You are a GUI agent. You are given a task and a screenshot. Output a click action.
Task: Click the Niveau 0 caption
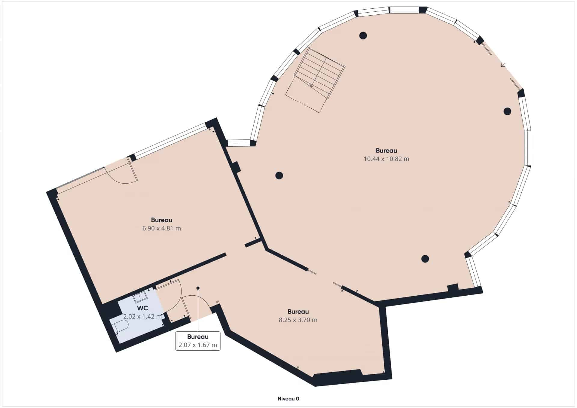click(x=288, y=399)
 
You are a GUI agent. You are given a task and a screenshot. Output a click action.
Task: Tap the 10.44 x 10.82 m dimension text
click(x=386, y=159)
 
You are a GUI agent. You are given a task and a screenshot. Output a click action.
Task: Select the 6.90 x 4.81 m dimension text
click(x=162, y=228)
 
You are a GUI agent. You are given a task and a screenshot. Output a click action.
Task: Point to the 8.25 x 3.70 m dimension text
click(x=298, y=320)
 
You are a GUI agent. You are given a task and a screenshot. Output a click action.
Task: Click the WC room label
click(x=142, y=308)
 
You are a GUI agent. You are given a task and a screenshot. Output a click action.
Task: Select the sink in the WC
click(x=140, y=297)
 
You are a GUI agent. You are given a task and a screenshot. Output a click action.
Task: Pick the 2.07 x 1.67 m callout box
click(x=198, y=341)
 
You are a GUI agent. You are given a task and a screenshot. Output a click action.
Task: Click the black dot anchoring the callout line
click(x=198, y=288)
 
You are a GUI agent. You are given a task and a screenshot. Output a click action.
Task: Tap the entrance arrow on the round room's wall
click(x=503, y=65)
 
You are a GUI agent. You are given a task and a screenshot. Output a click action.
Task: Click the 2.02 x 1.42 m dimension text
click(x=142, y=316)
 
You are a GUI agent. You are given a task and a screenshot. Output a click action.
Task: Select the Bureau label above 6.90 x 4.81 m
click(x=162, y=220)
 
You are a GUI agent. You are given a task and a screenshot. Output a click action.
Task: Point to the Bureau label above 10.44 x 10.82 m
click(x=386, y=151)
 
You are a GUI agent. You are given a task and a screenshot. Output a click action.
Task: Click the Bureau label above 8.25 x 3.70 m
click(x=298, y=312)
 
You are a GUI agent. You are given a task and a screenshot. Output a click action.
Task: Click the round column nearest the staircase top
click(x=363, y=36)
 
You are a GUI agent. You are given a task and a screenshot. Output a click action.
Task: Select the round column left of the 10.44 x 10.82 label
click(x=279, y=175)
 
